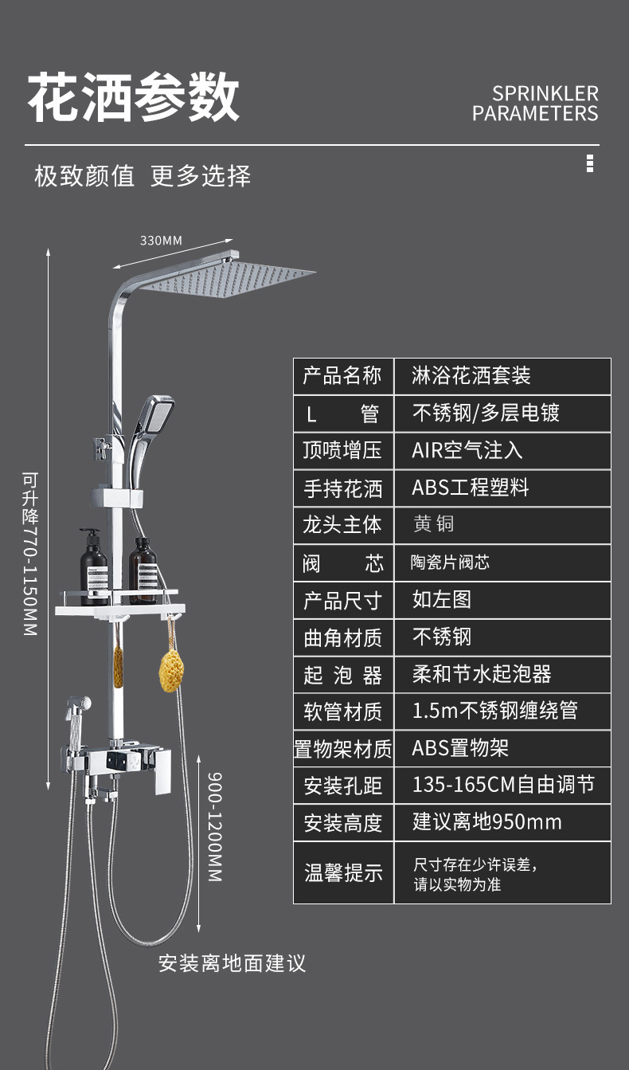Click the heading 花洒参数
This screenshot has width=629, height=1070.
(x=134, y=98)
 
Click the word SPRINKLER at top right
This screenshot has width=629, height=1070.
(x=545, y=94)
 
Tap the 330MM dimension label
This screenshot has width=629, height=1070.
(x=161, y=240)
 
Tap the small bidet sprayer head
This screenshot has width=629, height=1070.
(x=78, y=708)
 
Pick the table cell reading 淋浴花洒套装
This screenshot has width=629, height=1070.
(x=471, y=376)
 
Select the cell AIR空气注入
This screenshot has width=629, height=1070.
(x=467, y=450)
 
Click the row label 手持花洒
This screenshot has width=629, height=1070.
(x=343, y=488)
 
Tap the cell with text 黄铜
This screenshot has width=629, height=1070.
(x=434, y=525)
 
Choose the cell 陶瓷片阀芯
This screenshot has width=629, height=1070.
(x=450, y=562)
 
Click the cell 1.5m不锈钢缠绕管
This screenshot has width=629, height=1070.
(x=494, y=711)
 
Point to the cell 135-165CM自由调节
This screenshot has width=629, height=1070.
(x=502, y=786)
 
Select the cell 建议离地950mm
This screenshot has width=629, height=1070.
(x=486, y=822)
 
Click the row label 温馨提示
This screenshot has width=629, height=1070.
(x=343, y=872)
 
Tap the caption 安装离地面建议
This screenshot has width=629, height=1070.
(x=232, y=963)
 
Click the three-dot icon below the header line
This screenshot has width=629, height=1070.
(x=589, y=163)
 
